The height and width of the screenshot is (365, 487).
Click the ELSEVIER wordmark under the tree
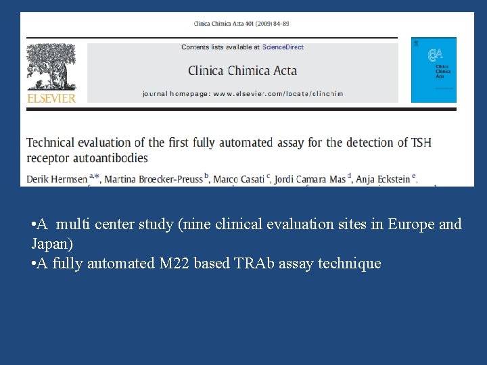[51, 98]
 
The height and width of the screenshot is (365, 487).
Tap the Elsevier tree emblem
[51, 68]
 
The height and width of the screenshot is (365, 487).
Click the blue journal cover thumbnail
[434, 70]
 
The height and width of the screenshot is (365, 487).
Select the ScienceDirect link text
[283, 47]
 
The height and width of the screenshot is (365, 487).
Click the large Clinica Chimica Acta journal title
[242, 70]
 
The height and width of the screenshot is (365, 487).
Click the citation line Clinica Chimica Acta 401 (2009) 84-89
[241, 24]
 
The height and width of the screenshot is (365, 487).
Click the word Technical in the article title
[51, 143]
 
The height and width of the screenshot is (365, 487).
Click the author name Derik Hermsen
[57, 179]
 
